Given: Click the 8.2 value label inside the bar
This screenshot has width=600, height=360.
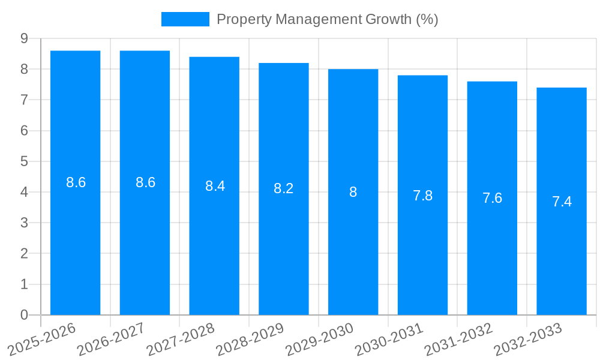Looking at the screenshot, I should click(x=283, y=188).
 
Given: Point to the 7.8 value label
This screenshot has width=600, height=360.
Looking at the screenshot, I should click(x=422, y=195).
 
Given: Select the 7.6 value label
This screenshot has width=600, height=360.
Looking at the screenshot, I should click(x=492, y=198).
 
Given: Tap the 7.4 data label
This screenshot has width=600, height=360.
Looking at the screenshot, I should click(x=562, y=202).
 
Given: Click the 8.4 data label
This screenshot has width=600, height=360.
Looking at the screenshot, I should click(x=214, y=186).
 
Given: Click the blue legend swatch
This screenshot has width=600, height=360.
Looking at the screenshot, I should click(x=185, y=19).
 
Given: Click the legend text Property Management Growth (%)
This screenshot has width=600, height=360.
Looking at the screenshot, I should click(x=327, y=19).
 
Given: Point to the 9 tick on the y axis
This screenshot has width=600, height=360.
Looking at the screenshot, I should click(x=24, y=38).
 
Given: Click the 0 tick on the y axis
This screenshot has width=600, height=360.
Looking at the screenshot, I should click(x=24, y=315).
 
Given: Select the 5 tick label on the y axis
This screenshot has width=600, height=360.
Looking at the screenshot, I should click(x=24, y=161).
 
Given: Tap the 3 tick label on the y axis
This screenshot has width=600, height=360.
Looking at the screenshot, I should click(x=24, y=223).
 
